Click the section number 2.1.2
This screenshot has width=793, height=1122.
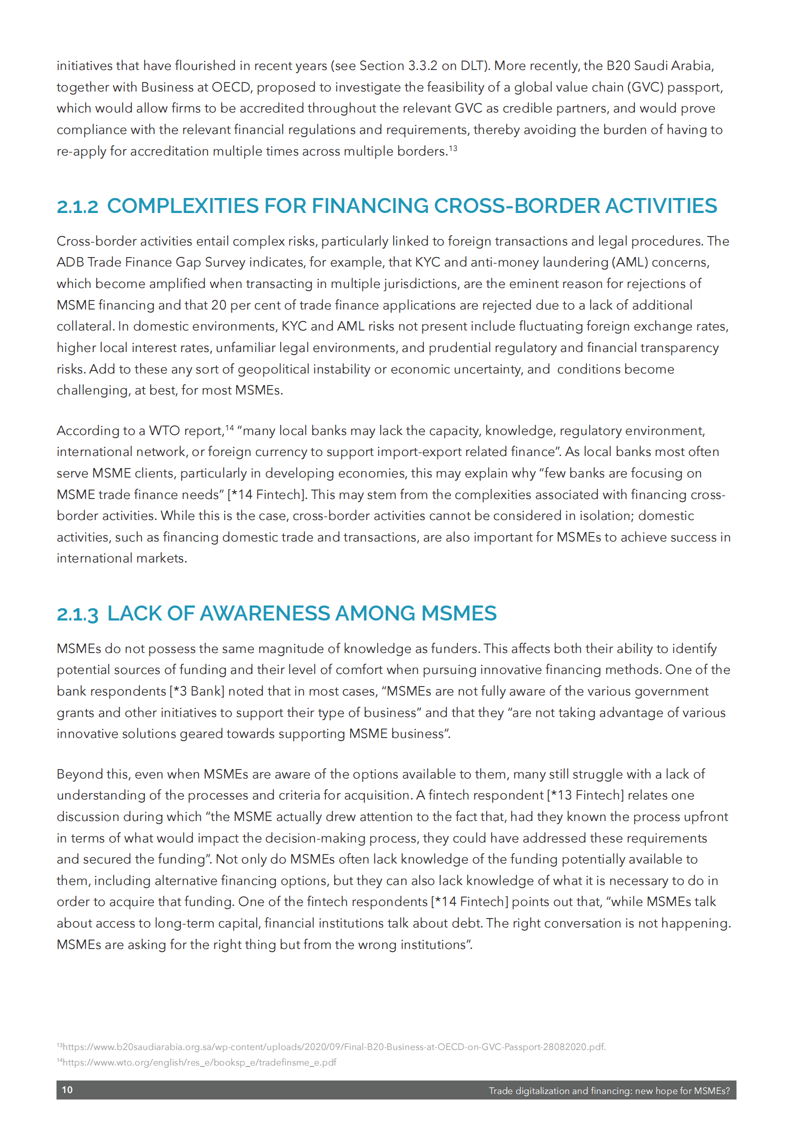(x=77, y=206)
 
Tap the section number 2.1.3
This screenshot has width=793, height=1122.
(x=77, y=614)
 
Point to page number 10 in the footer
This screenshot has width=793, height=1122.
(x=67, y=1090)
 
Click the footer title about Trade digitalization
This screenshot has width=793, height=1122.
(x=608, y=1090)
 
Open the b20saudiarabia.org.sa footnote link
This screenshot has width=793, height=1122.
(x=333, y=1046)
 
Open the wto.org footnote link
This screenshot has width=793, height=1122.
(x=199, y=1062)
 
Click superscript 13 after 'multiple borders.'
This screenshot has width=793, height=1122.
(x=452, y=148)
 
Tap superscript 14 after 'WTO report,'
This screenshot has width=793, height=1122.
(x=229, y=427)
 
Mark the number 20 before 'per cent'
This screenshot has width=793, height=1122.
(x=218, y=305)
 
